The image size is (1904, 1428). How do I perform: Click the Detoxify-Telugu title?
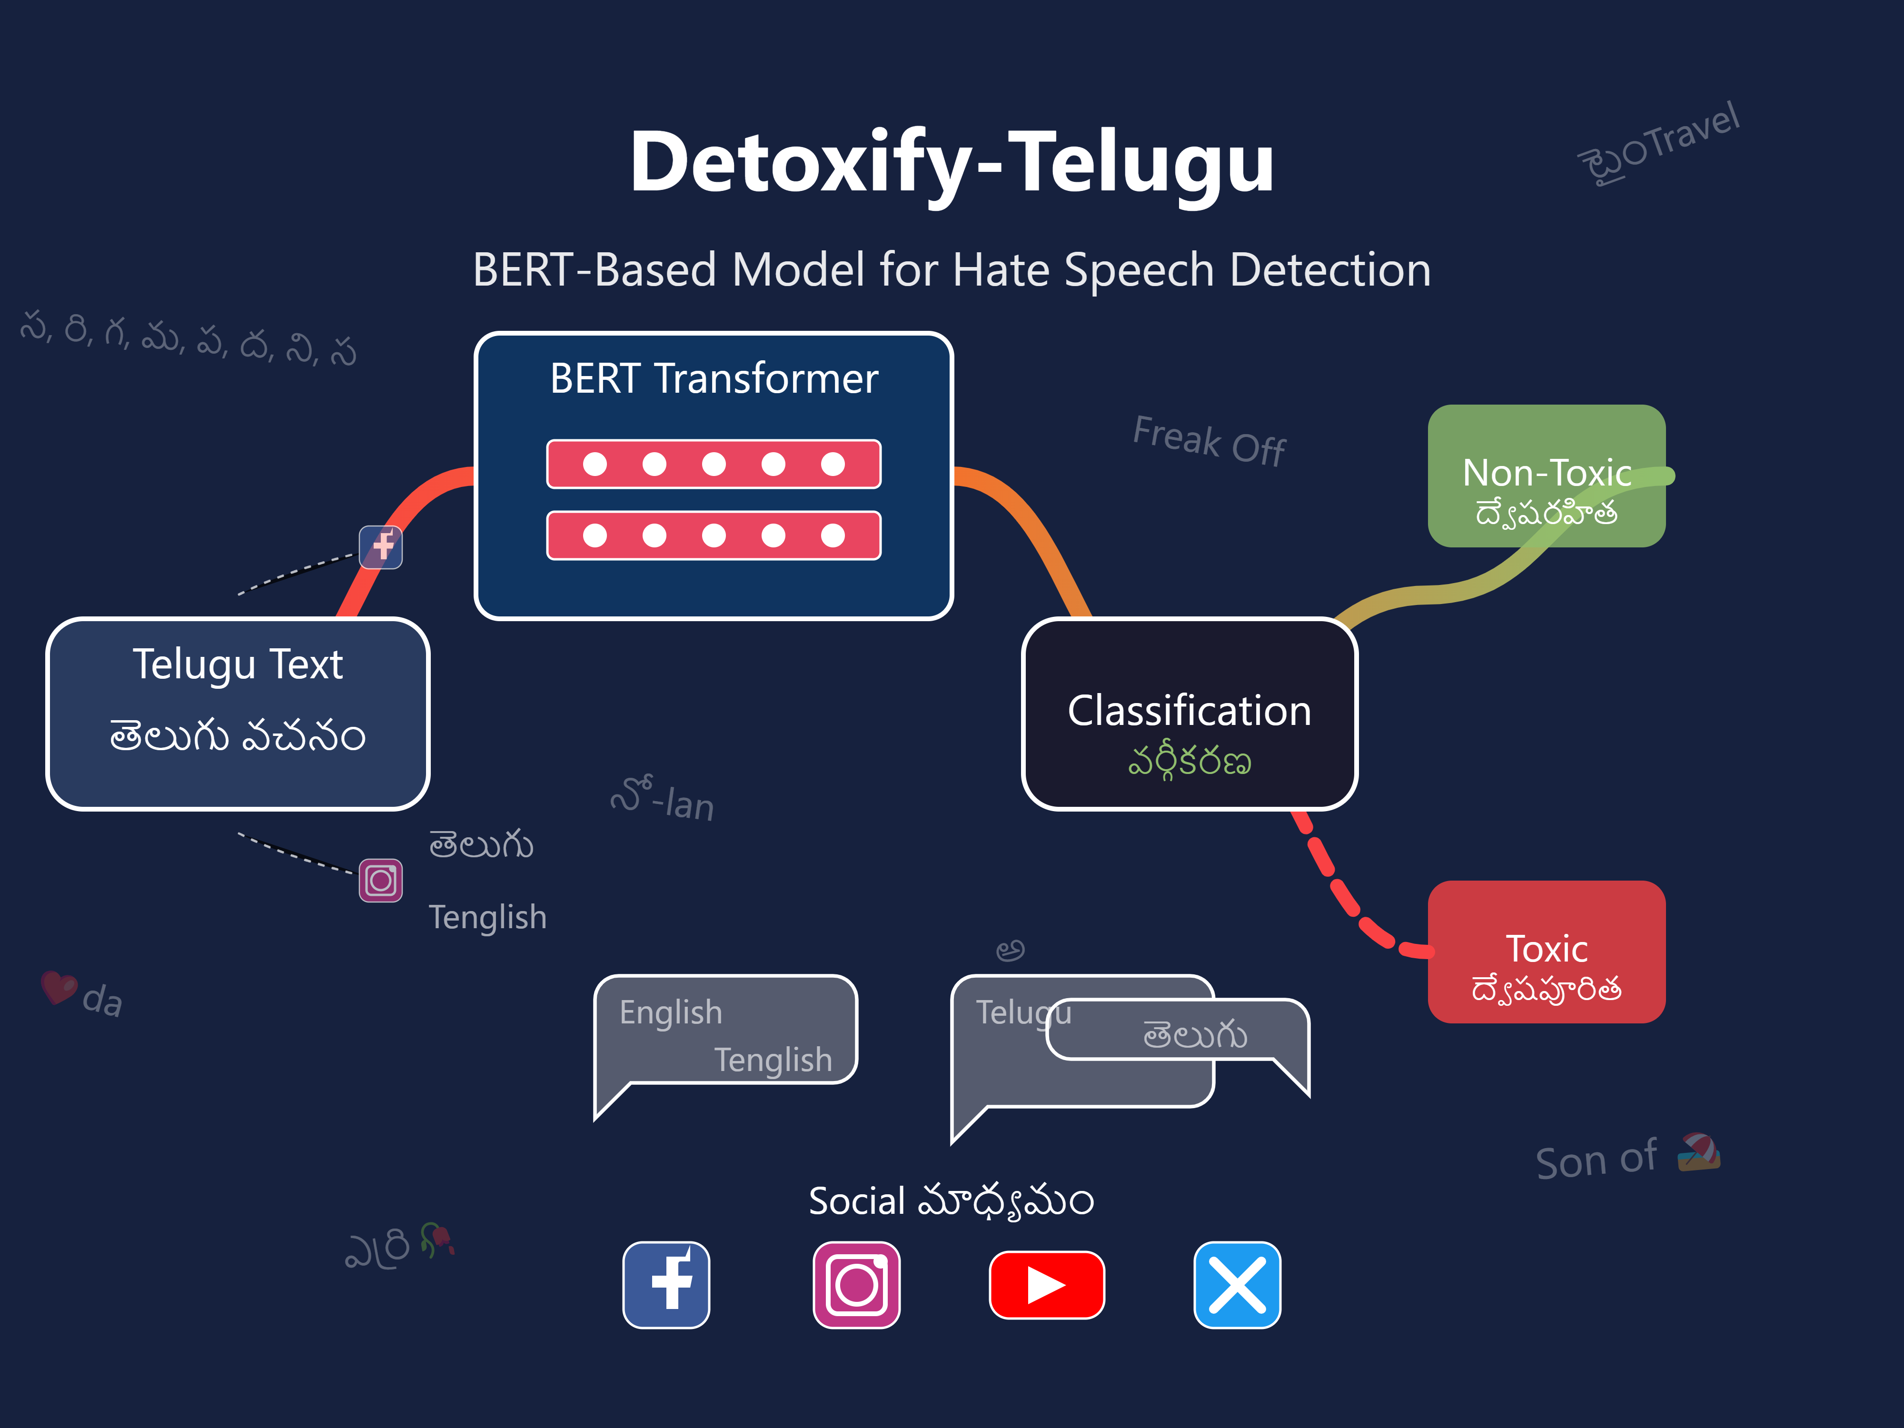[951, 162]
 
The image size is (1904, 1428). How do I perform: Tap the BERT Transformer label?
[714, 379]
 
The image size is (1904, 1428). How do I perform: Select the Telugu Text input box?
[238, 714]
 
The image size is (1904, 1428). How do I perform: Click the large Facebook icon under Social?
[666, 1284]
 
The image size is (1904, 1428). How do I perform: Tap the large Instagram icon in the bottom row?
[856, 1284]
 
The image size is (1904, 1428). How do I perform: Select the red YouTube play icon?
[1047, 1284]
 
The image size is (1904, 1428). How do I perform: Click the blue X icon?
[1237, 1284]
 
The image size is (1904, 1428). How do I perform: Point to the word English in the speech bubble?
[671, 1012]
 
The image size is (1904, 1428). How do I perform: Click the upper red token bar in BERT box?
[714, 464]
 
